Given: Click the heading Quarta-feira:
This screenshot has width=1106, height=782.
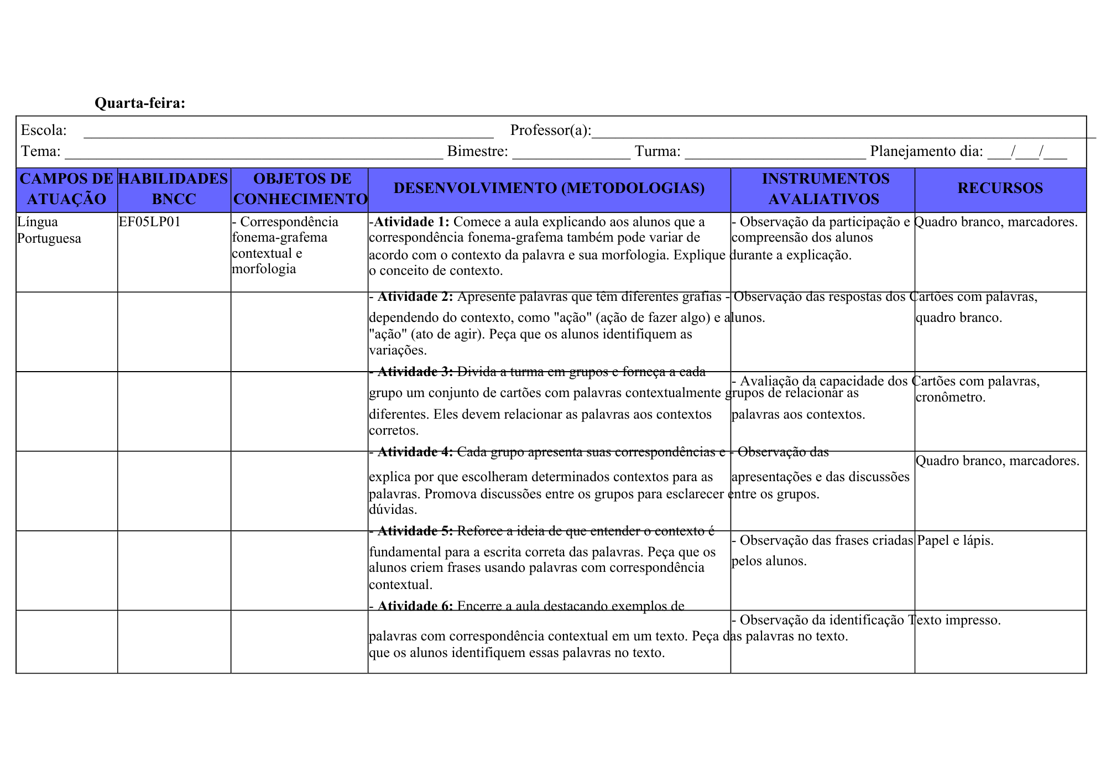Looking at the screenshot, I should (140, 103).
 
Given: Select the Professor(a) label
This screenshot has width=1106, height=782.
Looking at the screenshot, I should (550, 131).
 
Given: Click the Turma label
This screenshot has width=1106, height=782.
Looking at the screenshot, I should (658, 152).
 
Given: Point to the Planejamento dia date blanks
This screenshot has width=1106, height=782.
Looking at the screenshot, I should (1027, 153).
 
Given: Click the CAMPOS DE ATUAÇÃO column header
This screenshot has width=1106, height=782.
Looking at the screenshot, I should (66, 189).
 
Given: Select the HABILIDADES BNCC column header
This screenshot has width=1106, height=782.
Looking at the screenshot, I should (173, 189).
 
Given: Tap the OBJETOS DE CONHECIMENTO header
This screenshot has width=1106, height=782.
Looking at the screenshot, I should (300, 189).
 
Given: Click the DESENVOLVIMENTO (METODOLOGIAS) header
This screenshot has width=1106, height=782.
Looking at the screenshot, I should (549, 189).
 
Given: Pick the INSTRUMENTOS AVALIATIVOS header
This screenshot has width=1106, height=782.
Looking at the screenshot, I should (825, 189).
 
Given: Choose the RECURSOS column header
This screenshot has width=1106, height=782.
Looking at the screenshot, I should (1000, 189).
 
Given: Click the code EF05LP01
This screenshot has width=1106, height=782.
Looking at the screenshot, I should (149, 222).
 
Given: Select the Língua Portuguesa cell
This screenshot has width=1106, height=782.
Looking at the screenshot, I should (49, 230).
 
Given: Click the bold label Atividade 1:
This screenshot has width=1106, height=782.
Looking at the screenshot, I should (411, 222).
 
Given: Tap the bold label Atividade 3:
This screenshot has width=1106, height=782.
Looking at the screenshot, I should (415, 372).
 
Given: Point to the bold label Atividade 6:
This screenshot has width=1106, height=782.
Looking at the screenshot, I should (415, 606).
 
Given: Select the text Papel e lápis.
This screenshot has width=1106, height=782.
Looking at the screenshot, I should (955, 540).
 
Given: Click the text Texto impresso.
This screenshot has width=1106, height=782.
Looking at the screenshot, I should (954, 620).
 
